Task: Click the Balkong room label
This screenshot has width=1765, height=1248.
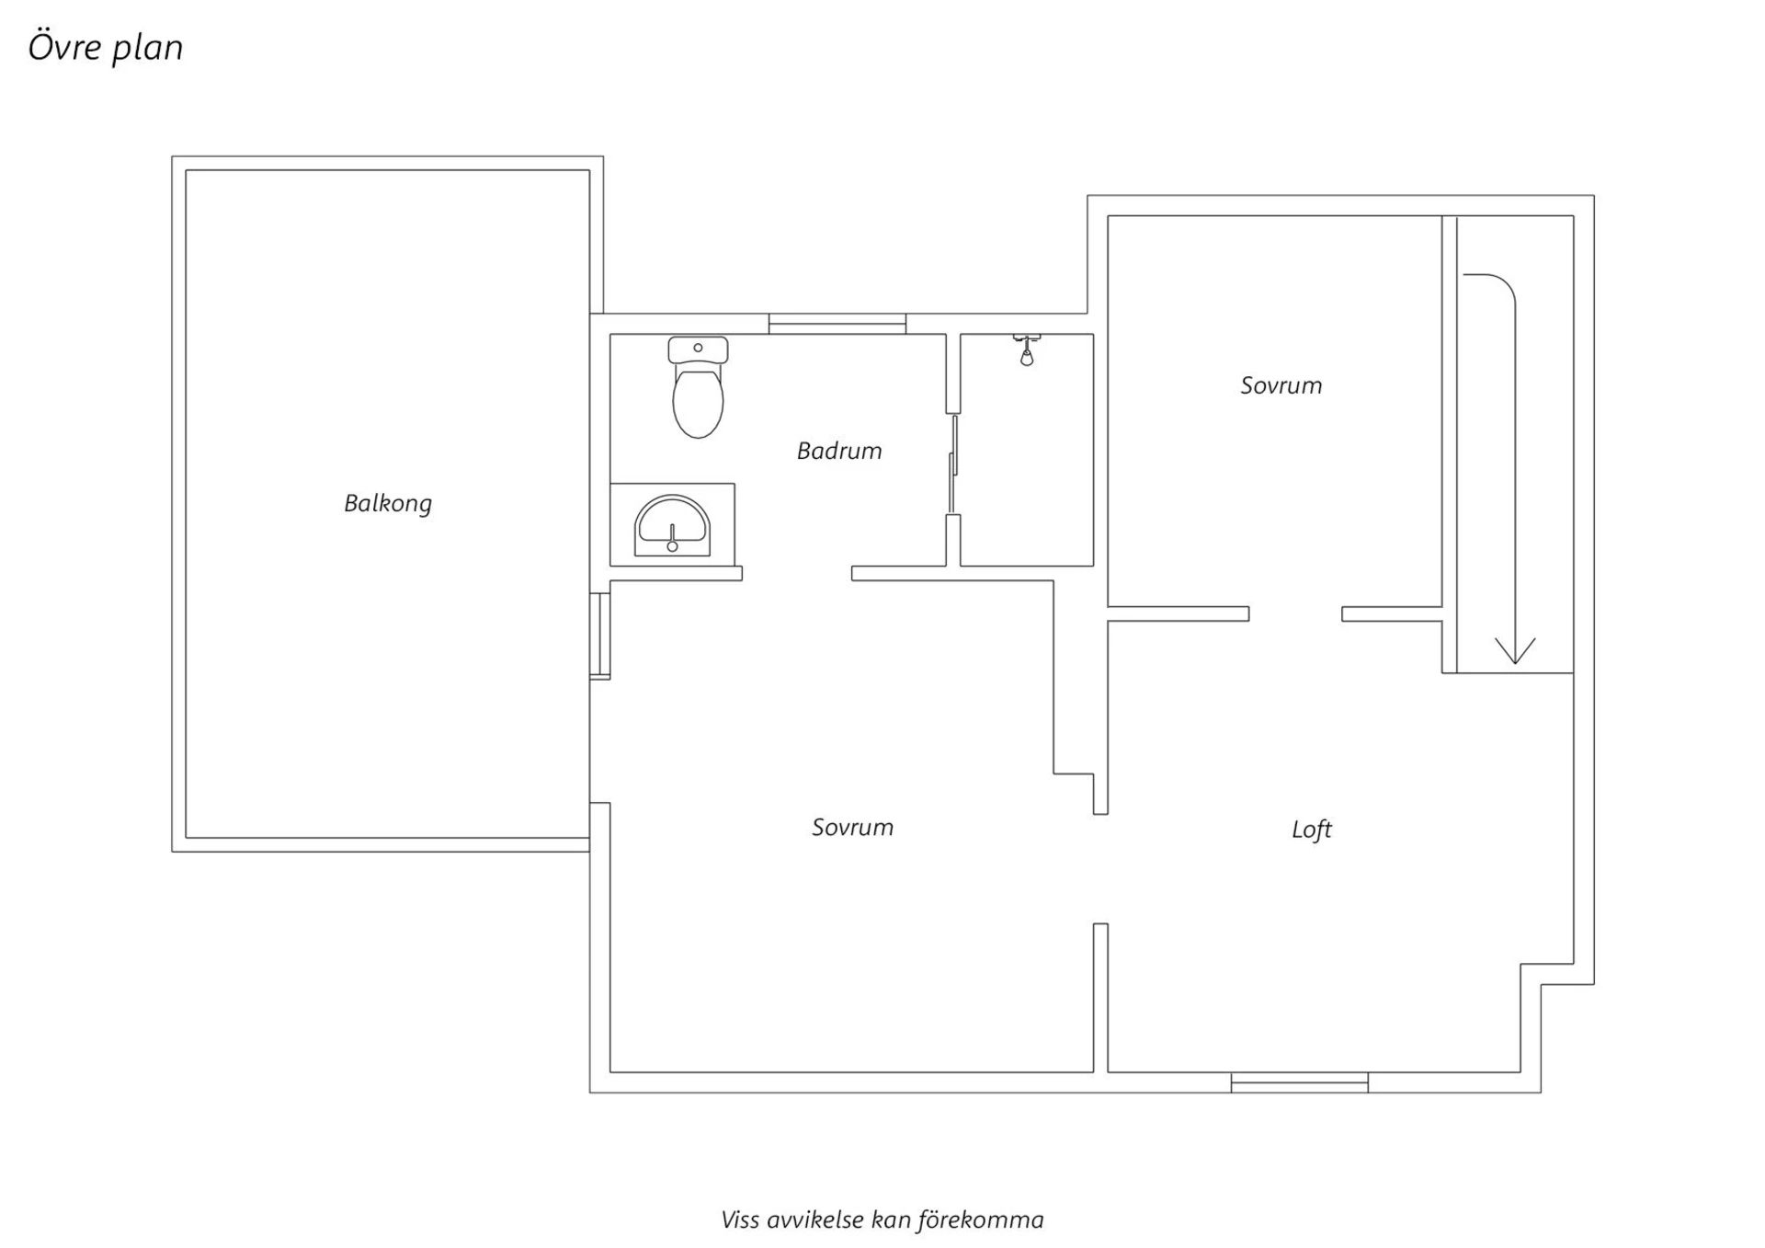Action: pyautogui.click(x=387, y=503)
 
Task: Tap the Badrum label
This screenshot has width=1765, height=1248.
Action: pyautogui.click(x=839, y=451)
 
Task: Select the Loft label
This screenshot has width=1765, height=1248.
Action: pyautogui.click(x=1312, y=830)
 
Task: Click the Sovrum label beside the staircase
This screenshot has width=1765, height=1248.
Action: pyautogui.click(x=1281, y=385)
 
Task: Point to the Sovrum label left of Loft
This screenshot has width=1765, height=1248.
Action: pyautogui.click(x=852, y=827)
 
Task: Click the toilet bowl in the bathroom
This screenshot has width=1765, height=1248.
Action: pyautogui.click(x=698, y=401)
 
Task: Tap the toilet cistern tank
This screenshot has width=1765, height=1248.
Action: pyautogui.click(x=698, y=349)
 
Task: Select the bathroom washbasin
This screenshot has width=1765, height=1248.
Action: pyautogui.click(x=672, y=526)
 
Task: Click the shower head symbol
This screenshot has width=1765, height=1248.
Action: pyautogui.click(x=1027, y=349)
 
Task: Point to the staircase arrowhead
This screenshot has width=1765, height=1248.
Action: pyautogui.click(x=1515, y=650)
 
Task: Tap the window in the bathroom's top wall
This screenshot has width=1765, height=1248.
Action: pyautogui.click(x=837, y=324)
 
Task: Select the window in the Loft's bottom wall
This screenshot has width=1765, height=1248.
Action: pyautogui.click(x=1300, y=1082)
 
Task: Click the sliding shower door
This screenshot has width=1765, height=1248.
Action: pyautogui.click(x=953, y=464)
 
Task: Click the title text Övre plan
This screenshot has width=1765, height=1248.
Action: pyautogui.click(x=106, y=48)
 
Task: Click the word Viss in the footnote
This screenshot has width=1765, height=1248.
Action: pyautogui.click(x=740, y=1219)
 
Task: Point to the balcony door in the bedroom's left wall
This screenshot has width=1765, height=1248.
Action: pyautogui.click(x=599, y=635)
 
